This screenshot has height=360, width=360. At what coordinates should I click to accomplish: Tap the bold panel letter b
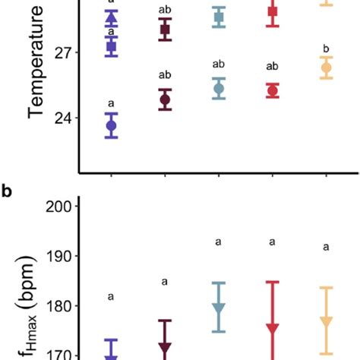pyautogui.click(x=7, y=191)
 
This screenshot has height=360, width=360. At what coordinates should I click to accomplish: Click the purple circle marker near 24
pyautogui.click(x=112, y=125)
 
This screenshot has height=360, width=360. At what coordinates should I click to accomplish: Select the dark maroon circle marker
pyautogui.click(x=165, y=99)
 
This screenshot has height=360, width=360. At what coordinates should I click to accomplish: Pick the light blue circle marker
pyautogui.click(x=219, y=89)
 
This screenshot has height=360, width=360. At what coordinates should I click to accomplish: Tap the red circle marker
pyautogui.click(x=273, y=91)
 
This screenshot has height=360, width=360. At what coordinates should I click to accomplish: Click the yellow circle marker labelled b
pyautogui.click(x=327, y=68)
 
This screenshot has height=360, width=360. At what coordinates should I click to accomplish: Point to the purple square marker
pyautogui.click(x=112, y=47)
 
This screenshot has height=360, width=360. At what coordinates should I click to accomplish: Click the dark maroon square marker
pyautogui.click(x=165, y=30)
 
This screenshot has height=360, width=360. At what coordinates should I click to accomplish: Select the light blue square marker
pyautogui.click(x=219, y=17)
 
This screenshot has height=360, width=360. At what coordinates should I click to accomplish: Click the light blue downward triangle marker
pyautogui.click(x=219, y=308)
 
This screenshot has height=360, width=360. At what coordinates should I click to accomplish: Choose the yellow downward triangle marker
pyautogui.click(x=327, y=322)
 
